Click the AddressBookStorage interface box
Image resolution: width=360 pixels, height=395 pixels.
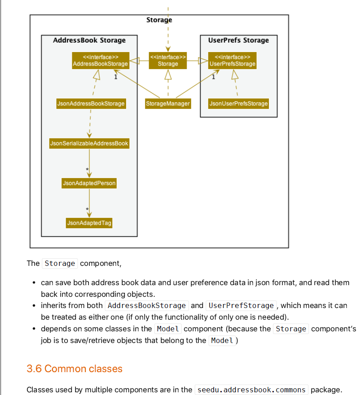click(x=101, y=61)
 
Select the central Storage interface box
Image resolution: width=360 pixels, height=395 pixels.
click(x=168, y=61)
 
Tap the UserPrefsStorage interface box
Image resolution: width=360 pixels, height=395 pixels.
click(x=233, y=61)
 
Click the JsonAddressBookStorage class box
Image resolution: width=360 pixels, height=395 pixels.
click(x=91, y=104)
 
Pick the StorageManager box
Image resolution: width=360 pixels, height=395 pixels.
click(x=168, y=104)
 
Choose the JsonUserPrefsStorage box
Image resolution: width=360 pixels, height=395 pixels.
click(x=238, y=104)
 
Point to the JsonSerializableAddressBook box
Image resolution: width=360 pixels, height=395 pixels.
click(x=89, y=143)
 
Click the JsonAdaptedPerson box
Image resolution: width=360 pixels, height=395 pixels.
click(x=89, y=183)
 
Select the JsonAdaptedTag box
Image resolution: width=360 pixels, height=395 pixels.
click(x=89, y=223)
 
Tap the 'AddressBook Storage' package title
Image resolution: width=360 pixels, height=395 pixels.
click(x=89, y=40)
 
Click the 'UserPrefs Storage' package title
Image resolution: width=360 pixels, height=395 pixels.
click(x=238, y=40)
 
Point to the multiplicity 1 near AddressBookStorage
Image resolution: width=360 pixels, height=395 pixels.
click(x=116, y=77)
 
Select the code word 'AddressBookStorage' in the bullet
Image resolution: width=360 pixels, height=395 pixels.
click(x=147, y=305)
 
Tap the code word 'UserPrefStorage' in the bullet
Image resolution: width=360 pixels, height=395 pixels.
click(x=241, y=305)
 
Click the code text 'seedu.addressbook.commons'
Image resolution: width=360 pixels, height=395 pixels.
click(x=251, y=390)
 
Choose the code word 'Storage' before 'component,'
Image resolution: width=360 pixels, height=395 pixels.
click(x=60, y=263)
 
